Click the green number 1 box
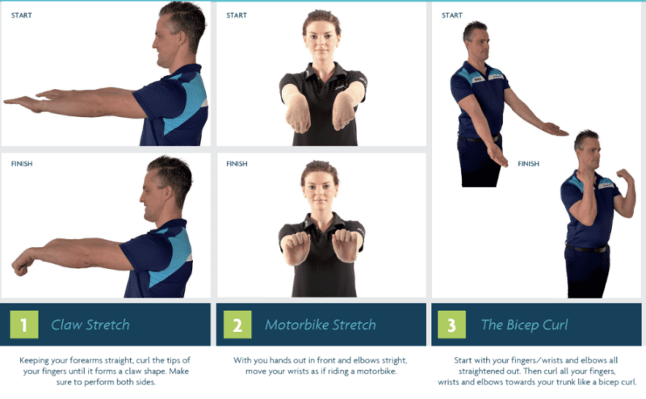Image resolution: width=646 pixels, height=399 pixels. tap(24, 325)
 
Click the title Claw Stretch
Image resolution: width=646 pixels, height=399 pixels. tap(90, 325)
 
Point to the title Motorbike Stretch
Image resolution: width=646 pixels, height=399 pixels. tap(321, 325)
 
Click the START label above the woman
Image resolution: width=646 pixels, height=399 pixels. tap(237, 15)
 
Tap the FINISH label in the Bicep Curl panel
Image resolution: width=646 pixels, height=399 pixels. tap(528, 164)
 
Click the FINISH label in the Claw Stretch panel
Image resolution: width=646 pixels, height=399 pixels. tap(22, 163)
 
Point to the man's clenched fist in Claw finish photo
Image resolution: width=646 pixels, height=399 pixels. tap(21, 265)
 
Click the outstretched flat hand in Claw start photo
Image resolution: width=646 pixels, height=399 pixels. tap(24, 103)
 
